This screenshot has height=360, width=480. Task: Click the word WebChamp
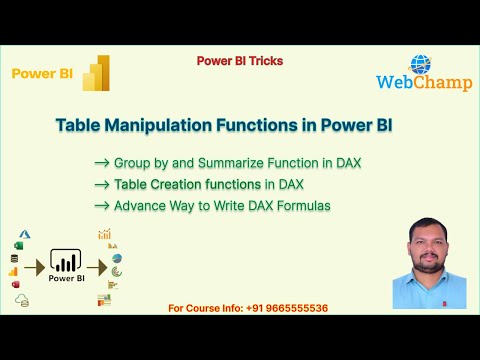[418, 84]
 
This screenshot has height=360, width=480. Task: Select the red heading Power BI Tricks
[239, 61]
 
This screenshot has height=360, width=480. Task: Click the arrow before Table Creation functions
[101, 184]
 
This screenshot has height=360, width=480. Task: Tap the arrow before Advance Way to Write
[101, 205]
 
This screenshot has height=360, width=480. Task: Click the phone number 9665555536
[295, 307]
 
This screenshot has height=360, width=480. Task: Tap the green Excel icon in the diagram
[17, 245]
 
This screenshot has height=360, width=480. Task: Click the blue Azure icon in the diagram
[26, 233]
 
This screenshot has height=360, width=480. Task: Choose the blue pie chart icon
[117, 259]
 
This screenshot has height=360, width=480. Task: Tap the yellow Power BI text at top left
[39, 73]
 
